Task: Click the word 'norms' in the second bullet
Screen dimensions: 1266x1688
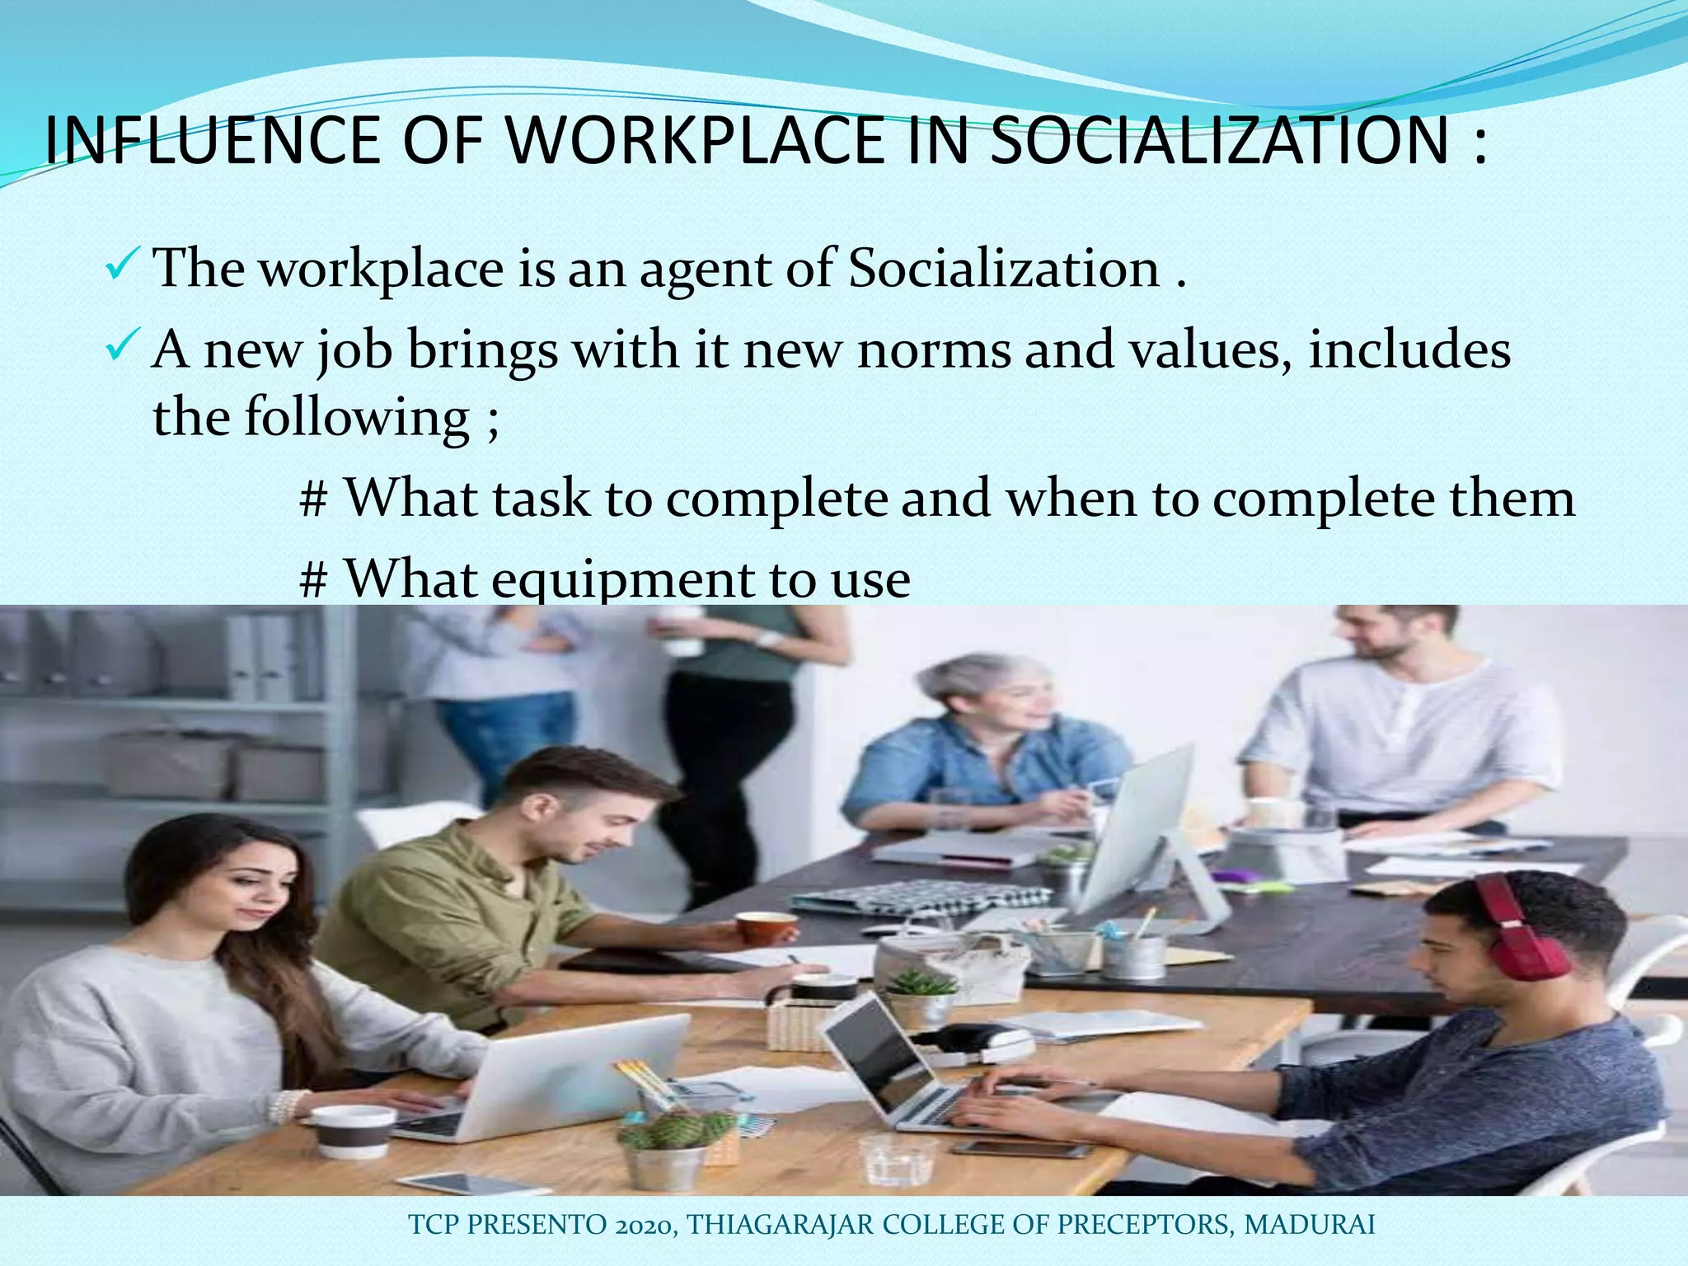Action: click(933, 349)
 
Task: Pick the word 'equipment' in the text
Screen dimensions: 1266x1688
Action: click(622, 579)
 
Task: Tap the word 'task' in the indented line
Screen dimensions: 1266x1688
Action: click(542, 498)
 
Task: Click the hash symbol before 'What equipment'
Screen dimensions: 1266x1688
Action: click(312, 579)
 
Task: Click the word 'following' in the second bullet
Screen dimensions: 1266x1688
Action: click(356, 417)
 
